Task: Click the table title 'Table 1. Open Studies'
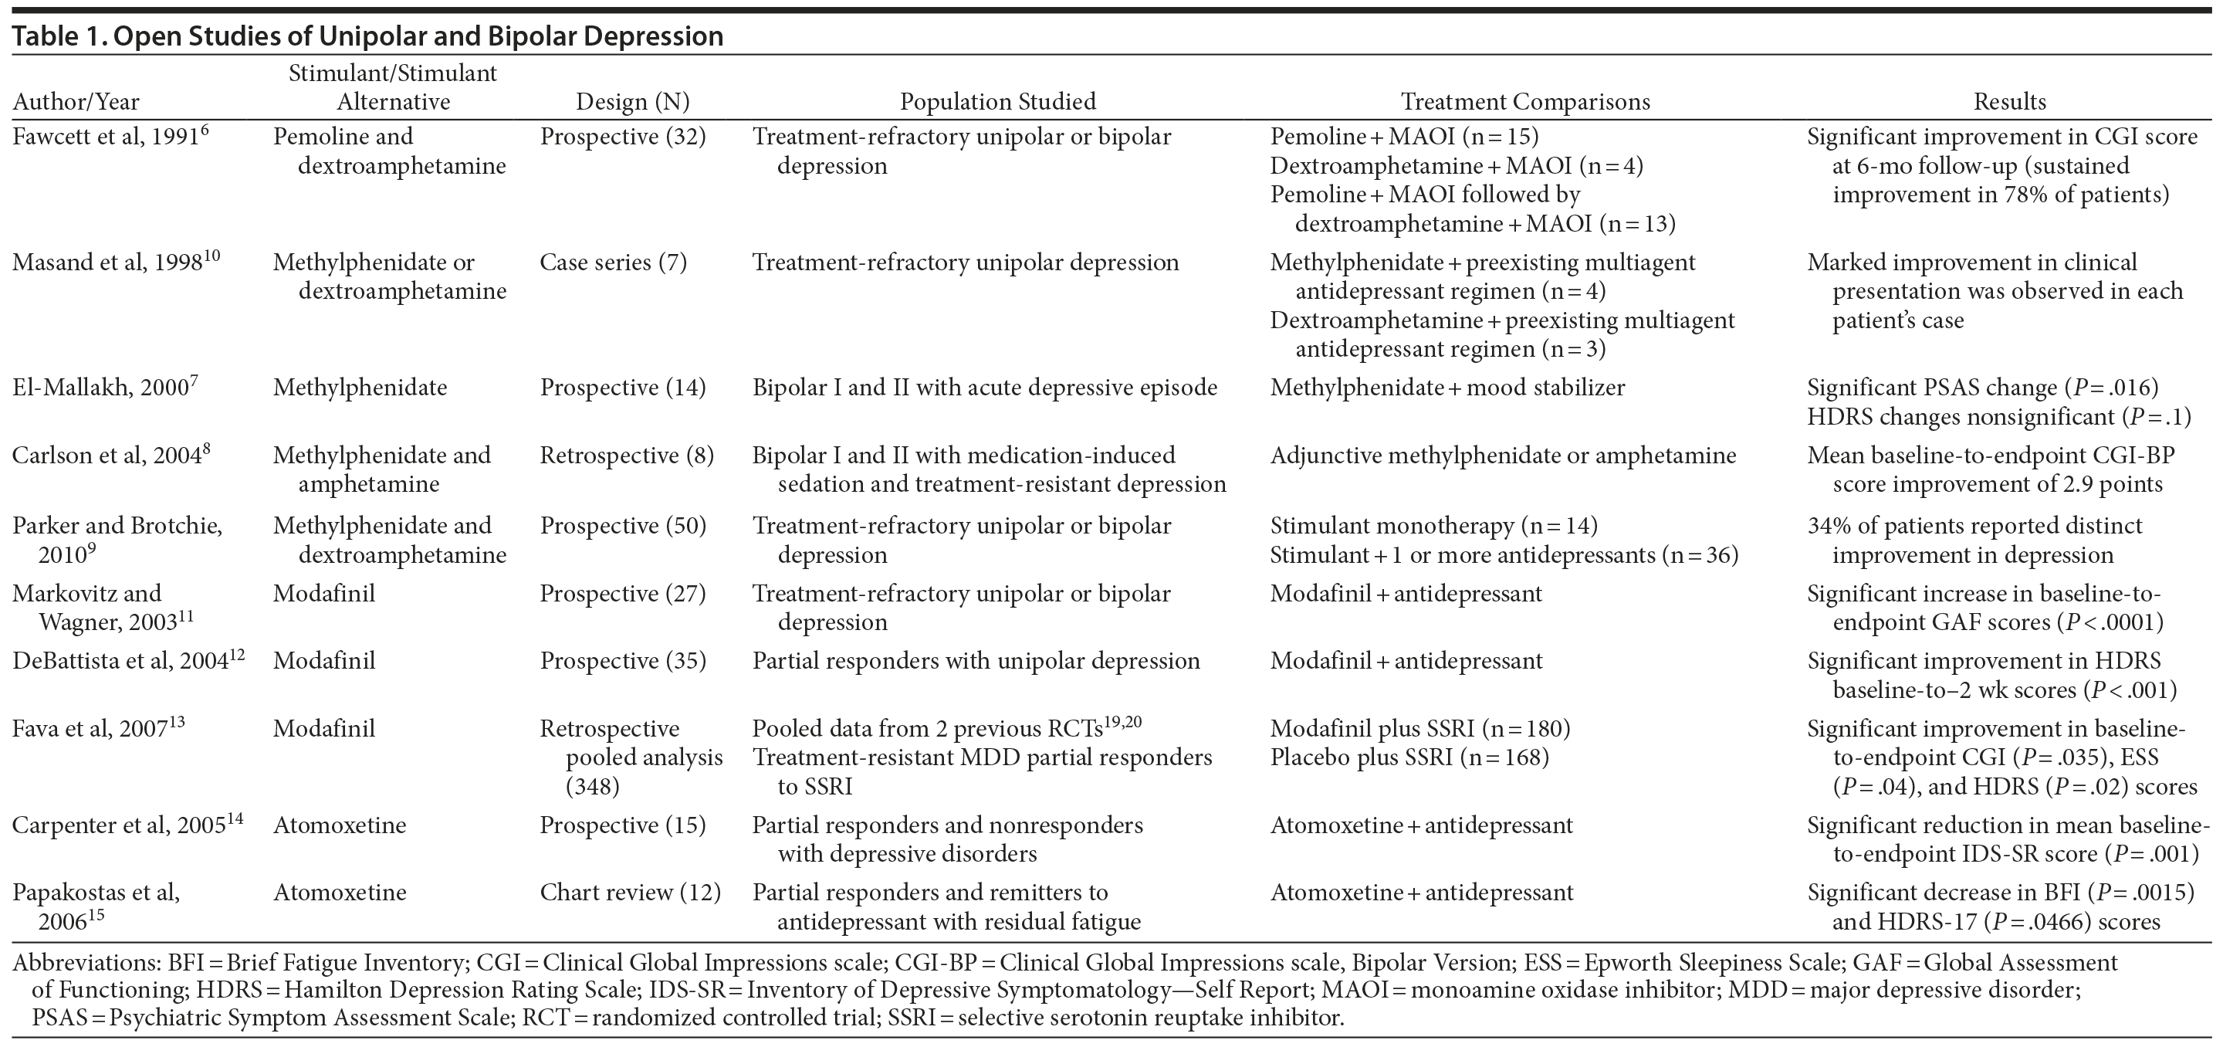tap(367, 36)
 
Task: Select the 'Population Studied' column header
tap(997, 102)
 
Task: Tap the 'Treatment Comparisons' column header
tap(1525, 102)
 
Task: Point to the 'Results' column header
tap(2009, 102)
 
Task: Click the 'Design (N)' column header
tap(633, 102)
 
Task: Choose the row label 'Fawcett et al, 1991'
tap(107, 137)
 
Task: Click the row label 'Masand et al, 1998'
tap(108, 263)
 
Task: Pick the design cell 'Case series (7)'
tap(613, 263)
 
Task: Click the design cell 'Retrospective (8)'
tap(627, 456)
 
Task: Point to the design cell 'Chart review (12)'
tap(630, 893)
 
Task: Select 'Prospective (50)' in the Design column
tap(622, 526)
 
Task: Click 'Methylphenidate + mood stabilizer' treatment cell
tap(1447, 388)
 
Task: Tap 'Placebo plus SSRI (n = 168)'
tap(1409, 758)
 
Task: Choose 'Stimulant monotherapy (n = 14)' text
tap(1433, 526)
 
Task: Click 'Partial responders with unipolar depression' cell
tap(976, 661)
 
